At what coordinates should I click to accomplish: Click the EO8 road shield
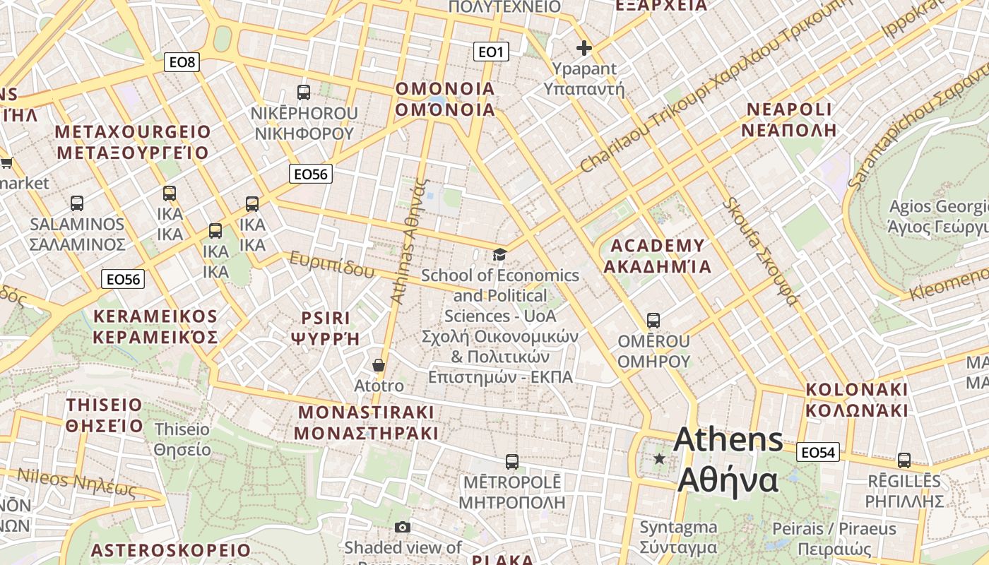click(x=182, y=62)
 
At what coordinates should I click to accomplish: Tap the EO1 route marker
click(x=490, y=51)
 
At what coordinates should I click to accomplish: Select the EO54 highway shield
click(x=818, y=452)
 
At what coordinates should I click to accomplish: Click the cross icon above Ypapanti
click(x=584, y=48)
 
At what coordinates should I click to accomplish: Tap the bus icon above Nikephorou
click(x=304, y=92)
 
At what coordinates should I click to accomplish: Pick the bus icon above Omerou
click(x=653, y=320)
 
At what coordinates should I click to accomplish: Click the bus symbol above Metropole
click(x=512, y=462)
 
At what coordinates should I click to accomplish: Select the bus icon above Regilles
click(x=904, y=460)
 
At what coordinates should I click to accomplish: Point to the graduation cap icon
click(x=500, y=254)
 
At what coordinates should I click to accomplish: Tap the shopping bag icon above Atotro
click(x=379, y=365)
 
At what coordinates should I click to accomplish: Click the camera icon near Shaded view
click(x=403, y=527)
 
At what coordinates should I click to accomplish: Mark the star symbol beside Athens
click(x=660, y=459)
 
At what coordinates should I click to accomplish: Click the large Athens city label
click(x=728, y=459)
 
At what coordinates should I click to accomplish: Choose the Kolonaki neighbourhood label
click(x=856, y=400)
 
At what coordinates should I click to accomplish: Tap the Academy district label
click(x=658, y=256)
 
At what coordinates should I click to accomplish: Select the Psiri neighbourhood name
click(x=326, y=328)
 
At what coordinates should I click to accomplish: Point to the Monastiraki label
click(x=367, y=422)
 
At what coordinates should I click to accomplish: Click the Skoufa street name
click(x=760, y=251)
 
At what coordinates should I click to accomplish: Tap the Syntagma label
click(x=678, y=537)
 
